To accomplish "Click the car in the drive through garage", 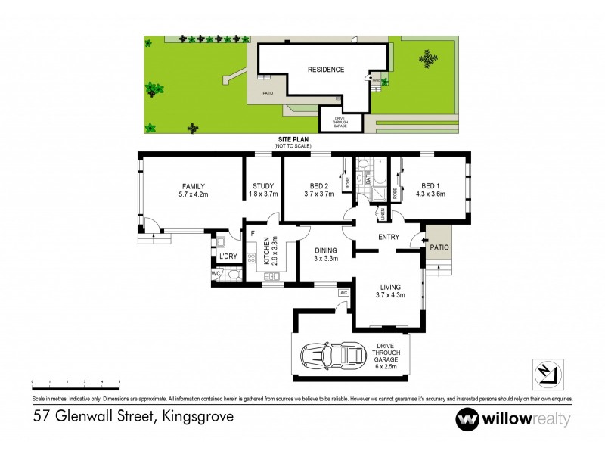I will click(330, 355).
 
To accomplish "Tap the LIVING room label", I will click(390, 287).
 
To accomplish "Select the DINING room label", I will click(325, 250).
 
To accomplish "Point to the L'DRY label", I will click(228, 257).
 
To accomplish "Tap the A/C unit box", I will click(343, 292).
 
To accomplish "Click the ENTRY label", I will click(389, 238).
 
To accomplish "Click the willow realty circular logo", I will click(467, 418).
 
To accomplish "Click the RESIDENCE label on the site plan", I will click(325, 70).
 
